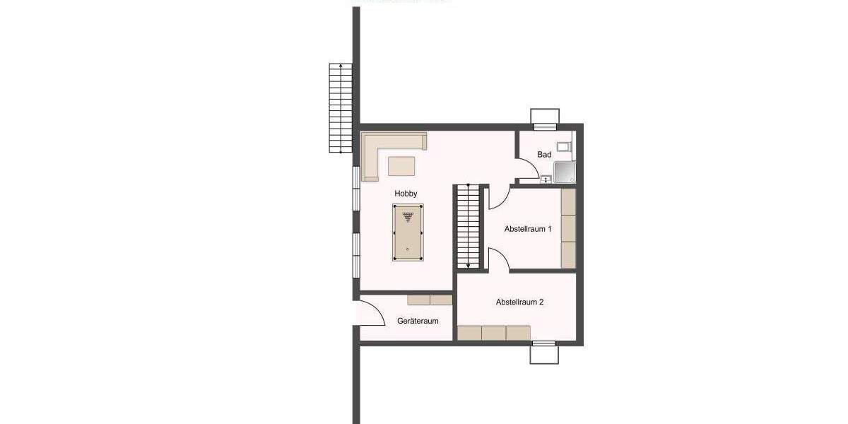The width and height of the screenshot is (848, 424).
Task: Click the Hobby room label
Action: [406, 194]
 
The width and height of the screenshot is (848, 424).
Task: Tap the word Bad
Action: [544, 155]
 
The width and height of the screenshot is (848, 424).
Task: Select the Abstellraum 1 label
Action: [528, 230]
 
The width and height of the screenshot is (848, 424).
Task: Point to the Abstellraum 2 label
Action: [519, 302]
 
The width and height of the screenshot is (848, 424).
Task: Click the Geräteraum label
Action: [418, 321]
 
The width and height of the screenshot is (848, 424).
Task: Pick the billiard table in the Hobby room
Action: [407, 233]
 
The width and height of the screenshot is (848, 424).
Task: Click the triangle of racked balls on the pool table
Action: [407, 216]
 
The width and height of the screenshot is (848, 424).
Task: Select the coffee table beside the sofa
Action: [401, 165]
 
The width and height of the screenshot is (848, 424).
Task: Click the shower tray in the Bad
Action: [564, 173]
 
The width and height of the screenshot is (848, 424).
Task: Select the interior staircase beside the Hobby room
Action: [466, 226]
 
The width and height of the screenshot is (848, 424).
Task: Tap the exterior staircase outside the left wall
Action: [341, 107]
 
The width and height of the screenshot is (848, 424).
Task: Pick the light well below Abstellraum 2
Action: [544, 353]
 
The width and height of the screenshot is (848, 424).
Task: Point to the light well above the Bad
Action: [545, 117]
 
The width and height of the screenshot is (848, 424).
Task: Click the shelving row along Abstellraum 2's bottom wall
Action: [493, 333]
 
